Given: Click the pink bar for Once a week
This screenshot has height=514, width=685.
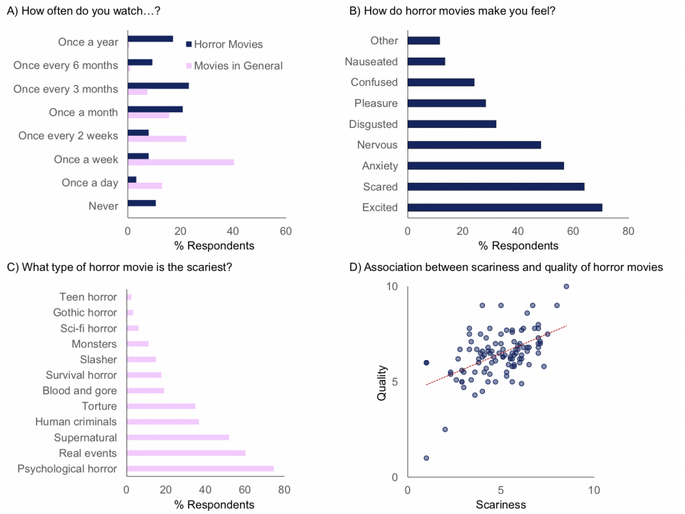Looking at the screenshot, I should [x=181, y=162].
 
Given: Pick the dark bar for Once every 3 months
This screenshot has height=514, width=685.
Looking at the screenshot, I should [x=158, y=86].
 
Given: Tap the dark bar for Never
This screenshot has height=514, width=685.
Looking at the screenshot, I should [x=141, y=203].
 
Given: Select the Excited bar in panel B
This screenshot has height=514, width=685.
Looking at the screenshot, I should [x=504, y=207].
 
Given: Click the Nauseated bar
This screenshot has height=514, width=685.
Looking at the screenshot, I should [x=426, y=62].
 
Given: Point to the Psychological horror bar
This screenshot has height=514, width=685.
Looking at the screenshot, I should [x=200, y=468].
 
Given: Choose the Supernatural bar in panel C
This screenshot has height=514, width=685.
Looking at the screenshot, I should [x=178, y=438].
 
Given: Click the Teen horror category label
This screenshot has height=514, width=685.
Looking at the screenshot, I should [x=88, y=297].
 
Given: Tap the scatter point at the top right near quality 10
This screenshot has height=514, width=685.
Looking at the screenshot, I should [x=566, y=286].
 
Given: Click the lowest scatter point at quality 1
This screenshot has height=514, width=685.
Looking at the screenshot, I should [x=426, y=458].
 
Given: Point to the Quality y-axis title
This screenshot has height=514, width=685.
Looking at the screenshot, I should [x=382, y=381].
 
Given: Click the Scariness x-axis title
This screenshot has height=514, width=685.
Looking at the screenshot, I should [x=500, y=505].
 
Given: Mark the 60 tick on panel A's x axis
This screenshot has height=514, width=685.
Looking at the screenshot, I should [x=286, y=231].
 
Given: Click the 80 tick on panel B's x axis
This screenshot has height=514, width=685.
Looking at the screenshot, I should [x=627, y=232].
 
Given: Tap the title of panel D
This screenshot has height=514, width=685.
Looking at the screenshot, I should [x=506, y=267].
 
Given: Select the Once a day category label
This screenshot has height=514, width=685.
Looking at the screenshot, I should [x=90, y=183].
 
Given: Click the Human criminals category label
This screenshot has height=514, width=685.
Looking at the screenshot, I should [x=76, y=422].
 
